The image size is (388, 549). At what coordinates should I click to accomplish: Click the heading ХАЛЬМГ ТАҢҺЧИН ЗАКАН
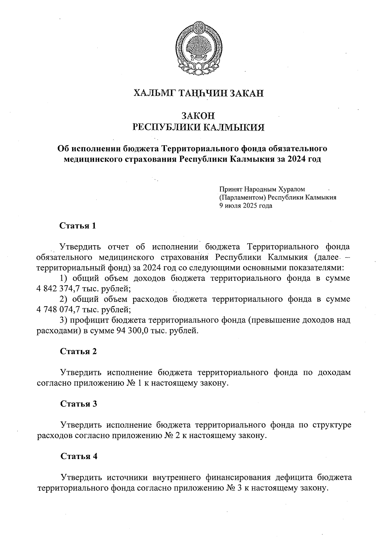[x=199, y=93]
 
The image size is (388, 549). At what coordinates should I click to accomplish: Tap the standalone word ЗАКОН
[x=199, y=115]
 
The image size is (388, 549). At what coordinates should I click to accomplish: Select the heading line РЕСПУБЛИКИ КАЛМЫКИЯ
[x=199, y=127]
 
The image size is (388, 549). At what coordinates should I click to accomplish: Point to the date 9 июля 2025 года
[x=245, y=205]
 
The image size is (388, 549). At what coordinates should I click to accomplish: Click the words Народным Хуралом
[x=275, y=189]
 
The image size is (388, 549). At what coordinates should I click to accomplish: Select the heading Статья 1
[x=78, y=226]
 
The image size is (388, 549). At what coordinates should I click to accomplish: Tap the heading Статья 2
[x=78, y=351]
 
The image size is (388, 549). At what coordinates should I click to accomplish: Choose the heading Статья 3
[x=79, y=404]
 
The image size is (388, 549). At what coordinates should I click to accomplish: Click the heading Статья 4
[x=79, y=456]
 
